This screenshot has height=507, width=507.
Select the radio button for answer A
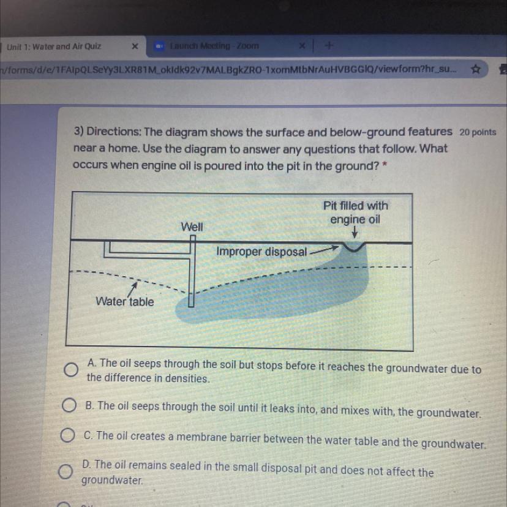click(x=71, y=370)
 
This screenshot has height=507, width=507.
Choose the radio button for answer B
click(x=69, y=405)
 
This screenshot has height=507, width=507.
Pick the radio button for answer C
click(x=67, y=435)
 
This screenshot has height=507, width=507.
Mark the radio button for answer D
click(x=66, y=471)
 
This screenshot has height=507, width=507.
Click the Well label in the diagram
click(x=192, y=227)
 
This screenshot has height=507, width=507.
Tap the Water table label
click(x=125, y=301)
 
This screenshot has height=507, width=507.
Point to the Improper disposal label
click(x=261, y=252)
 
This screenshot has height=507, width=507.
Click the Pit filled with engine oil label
click(x=355, y=212)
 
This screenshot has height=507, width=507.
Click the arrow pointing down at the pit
click(x=355, y=232)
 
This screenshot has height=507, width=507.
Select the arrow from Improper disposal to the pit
click(x=325, y=250)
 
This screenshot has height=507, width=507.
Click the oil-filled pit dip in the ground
click(x=355, y=247)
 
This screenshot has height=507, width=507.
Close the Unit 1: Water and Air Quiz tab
click(x=135, y=47)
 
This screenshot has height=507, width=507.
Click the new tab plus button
click(x=329, y=46)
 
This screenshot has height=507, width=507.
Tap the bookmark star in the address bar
click(x=475, y=69)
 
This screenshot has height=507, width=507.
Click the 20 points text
click(x=478, y=132)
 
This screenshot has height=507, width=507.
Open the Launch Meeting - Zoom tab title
click(x=214, y=46)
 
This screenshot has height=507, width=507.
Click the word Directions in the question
click(x=114, y=132)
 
